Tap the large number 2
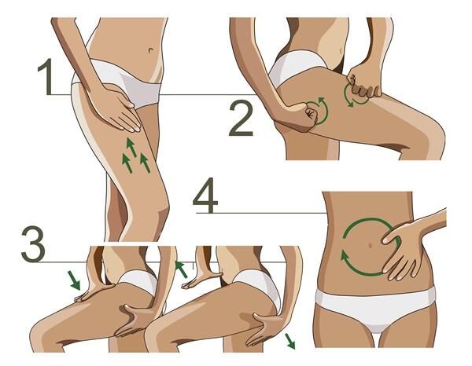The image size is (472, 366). tap(242, 118)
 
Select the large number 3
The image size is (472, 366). tap(33, 244)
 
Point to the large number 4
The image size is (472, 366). tap(205, 195)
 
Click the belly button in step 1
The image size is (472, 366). tap(151, 50)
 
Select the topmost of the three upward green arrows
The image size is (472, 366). tap(131, 147)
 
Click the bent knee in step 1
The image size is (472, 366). tap(160, 214)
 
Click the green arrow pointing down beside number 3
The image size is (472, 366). tap(74, 280)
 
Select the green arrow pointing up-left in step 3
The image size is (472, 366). tap(182, 269)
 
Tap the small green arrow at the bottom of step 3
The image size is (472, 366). tap(290, 341)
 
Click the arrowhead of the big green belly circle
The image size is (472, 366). tap(344, 257)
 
